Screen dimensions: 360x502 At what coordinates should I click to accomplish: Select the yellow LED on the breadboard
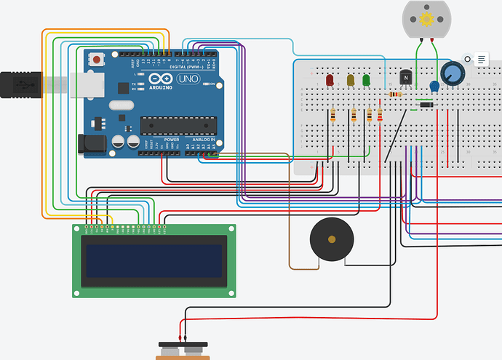click(x=351, y=79)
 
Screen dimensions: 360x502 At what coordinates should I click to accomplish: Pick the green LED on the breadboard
click(x=366, y=79)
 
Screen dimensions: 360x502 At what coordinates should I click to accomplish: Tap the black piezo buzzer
click(x=332, y=239)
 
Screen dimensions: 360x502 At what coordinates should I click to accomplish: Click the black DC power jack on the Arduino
click(x=92, y=143)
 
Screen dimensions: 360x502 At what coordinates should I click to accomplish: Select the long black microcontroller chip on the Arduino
click(x=179, y=125)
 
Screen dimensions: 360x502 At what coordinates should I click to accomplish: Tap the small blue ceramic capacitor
click(x=434, y=87)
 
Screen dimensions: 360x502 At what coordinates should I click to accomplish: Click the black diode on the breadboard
click(x=426, y=106)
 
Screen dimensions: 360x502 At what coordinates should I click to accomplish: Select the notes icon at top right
click(x=482, y=60)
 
